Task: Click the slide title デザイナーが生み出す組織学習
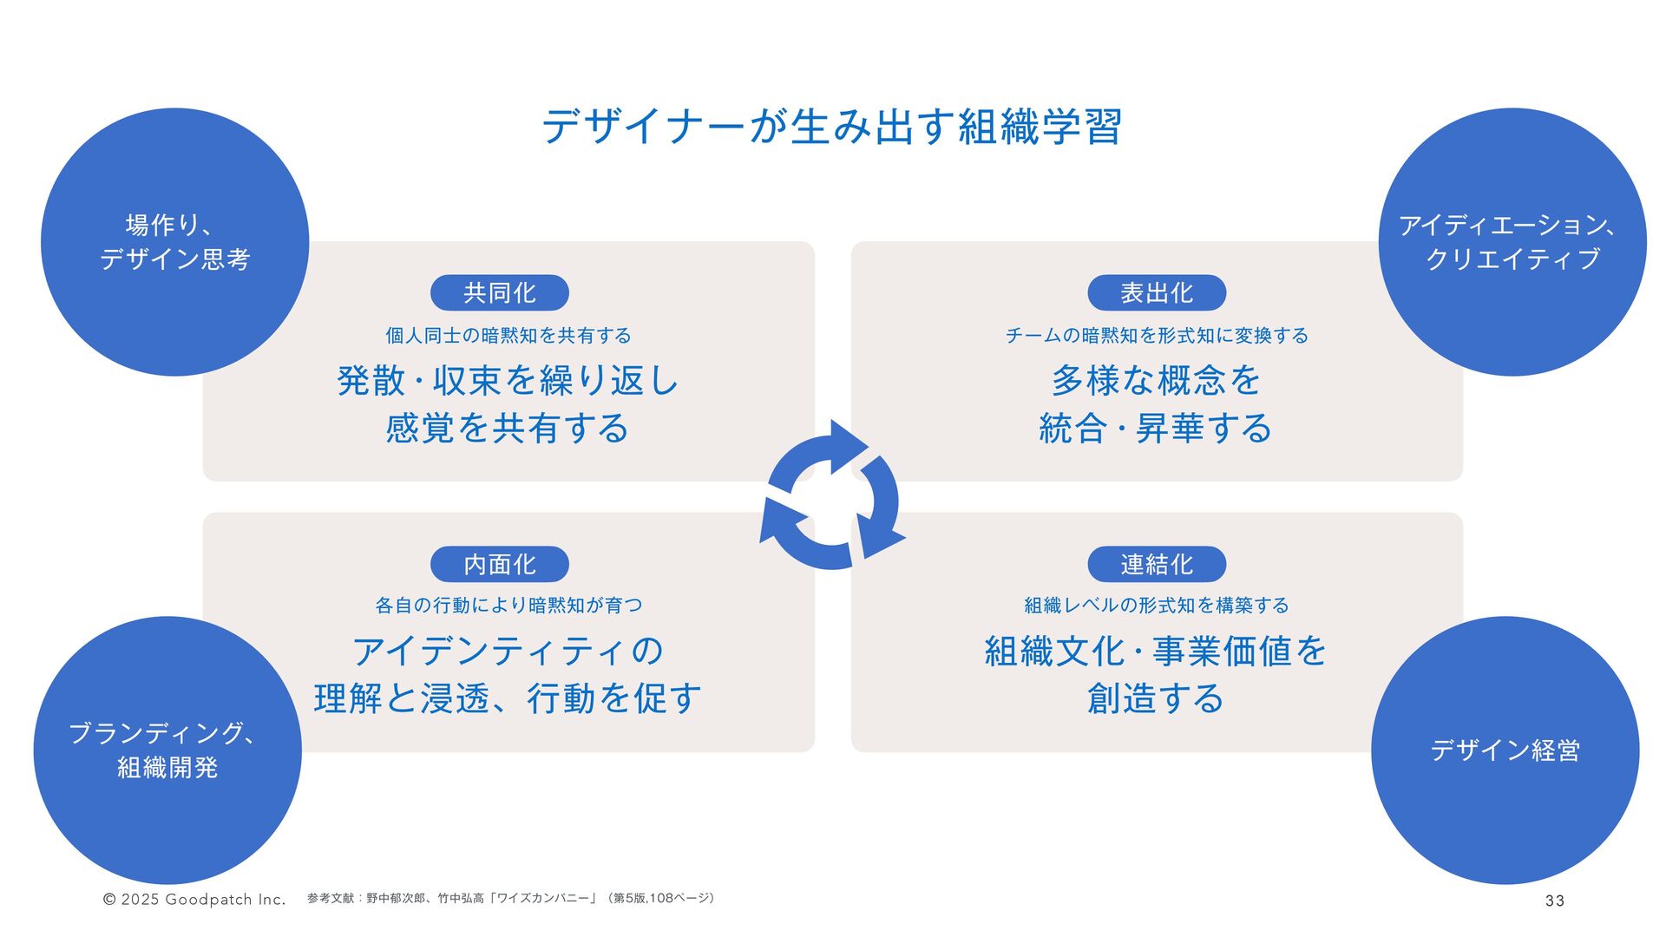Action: click(x=832, y=128)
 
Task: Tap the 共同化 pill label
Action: click(x=500, y=293)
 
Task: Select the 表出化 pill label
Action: click(x=1157, y=293)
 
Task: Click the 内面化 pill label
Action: click(x=500, y=565)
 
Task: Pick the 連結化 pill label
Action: click(x=1157, y=565)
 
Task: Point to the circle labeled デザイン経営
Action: click(x=1505, y=750)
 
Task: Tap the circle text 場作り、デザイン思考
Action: click(x=174, y=242)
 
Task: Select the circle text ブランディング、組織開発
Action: click(x=167, y=750)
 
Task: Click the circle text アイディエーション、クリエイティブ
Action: click(x=1512, y=242)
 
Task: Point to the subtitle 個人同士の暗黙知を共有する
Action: click(x=508, y=336)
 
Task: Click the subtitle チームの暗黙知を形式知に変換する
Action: click(x=1157, y=336)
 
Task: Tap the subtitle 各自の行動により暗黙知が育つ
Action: click(x=508, y=606)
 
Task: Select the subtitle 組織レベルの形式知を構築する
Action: click(x=1157, y=606)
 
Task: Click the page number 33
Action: click(x=1554, y=901)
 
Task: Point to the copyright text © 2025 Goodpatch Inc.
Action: click(x=194, y=900)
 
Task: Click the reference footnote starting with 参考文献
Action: click(x=511, y=899)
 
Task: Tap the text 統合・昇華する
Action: click(x=1156, y=429)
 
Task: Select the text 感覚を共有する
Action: click(x=508, y=429)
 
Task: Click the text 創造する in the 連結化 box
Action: click(x=1156, y=698)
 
